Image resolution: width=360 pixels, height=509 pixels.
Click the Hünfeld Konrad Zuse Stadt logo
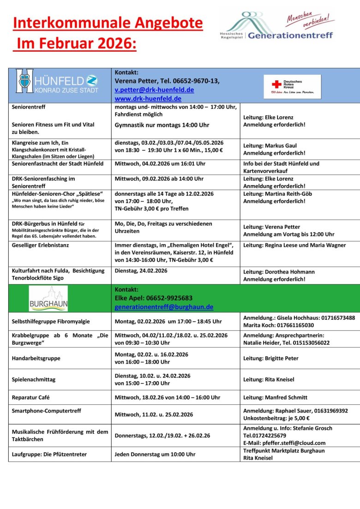(57, 81)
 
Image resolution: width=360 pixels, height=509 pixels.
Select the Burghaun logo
(48, 299)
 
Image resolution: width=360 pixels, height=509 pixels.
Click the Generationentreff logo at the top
(277, 27)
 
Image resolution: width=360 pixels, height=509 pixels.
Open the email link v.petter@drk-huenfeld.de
(154, 90)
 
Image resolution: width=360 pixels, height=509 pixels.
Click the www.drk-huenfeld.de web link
(148, 99)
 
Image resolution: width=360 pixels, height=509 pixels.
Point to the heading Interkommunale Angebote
(108, 23)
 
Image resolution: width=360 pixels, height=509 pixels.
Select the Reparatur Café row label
(30, 397)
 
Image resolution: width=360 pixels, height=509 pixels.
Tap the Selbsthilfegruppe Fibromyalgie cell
(51, 321)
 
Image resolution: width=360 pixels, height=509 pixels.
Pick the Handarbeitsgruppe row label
(36, 358)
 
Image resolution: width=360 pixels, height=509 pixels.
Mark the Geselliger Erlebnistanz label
(40, 245)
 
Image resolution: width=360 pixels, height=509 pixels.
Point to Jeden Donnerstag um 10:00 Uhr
(155, 455)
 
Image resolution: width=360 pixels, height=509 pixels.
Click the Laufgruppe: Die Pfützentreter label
(49, 455)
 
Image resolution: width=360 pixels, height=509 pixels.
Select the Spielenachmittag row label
(33, 379)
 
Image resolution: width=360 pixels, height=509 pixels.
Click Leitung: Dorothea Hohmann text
(279, 272)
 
